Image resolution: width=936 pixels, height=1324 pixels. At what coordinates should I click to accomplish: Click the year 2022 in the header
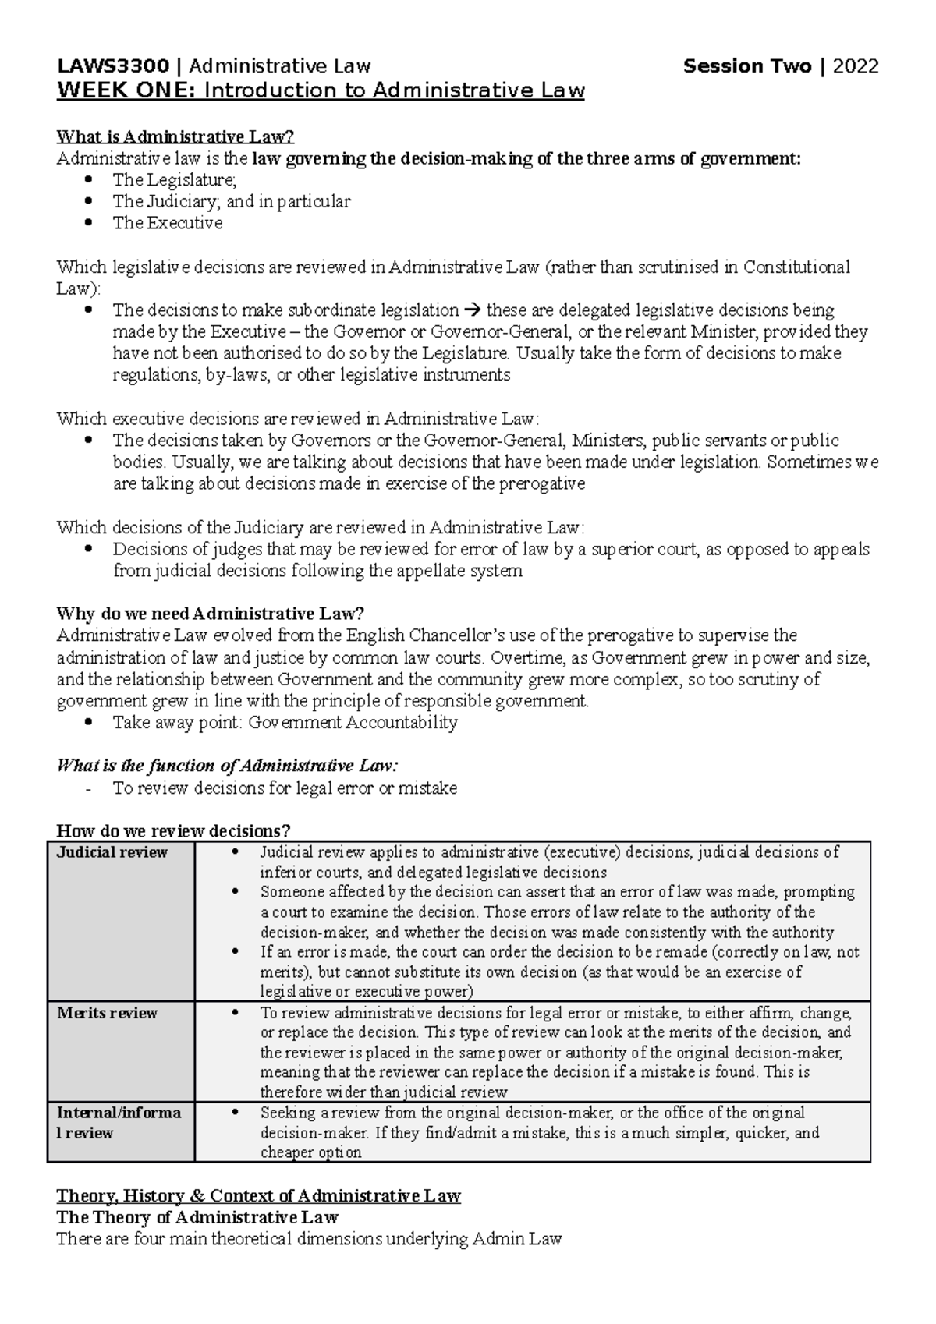(x=856, y=66)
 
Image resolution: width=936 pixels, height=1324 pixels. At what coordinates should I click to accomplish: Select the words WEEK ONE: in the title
(x=126, y=91)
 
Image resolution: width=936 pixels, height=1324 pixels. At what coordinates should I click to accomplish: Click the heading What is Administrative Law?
(x=176, y=137)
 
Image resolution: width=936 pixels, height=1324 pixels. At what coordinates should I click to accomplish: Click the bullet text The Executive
(x=168, y=223)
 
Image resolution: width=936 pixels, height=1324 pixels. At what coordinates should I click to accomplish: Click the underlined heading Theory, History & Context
(x=258, y=1195)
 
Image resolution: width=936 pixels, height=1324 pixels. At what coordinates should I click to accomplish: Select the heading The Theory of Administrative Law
(x=197, y=1217)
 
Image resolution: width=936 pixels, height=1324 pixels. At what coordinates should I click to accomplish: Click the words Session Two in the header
(x=747, y=66)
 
